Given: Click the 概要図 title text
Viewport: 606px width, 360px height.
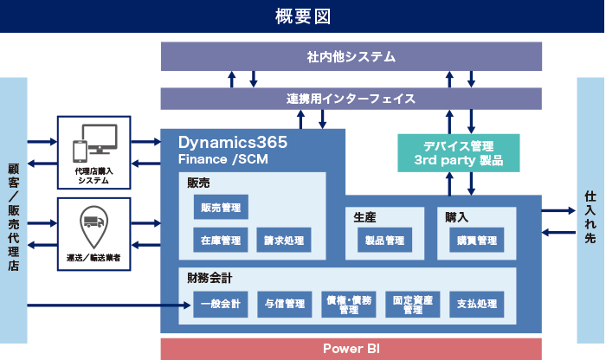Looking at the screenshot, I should [x=303, y=16].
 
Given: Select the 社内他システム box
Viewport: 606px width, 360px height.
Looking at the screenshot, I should [x=351, y=57].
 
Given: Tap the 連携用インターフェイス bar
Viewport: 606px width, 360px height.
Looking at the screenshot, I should [x=351, y=99].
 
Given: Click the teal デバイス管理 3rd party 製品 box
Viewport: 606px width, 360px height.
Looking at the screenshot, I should [x=458, y=152].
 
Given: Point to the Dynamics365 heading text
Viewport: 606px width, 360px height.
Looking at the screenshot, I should [x=233, y=141].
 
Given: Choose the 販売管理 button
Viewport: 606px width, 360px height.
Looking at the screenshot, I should [x=221, y=208].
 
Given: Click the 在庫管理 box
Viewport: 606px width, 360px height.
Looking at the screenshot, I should [x=221, y=240].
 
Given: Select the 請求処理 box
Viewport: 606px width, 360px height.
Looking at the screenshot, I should [x=284, y=240].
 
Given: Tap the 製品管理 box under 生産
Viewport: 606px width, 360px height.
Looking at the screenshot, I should [x=384, y=240].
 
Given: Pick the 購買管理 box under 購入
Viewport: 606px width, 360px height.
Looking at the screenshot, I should [x=476, y=240].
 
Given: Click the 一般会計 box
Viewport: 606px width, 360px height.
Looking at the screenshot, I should [x=221, y=303].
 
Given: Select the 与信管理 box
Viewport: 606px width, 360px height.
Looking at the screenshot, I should [x=284, y=303].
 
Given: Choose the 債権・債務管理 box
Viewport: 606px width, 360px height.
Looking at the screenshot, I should [x=348, y=303].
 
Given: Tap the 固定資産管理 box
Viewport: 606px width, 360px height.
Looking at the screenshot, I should [x=412, y=303].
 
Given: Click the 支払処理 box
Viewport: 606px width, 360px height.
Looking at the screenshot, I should [x=476, y=303].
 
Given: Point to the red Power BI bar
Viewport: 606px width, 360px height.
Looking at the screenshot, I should [x=351, y=349].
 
